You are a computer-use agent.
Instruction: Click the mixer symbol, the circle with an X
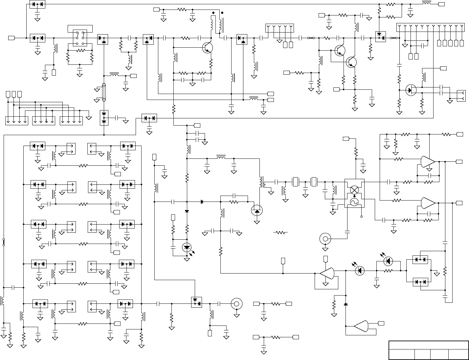tap(354, 190)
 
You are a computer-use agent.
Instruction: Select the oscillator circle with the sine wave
tap(354, 202)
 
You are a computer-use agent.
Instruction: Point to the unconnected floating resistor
tap(280, 232)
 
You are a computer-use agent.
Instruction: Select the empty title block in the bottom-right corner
tap(428, 350)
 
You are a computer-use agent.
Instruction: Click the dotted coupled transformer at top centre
tap(217, 24)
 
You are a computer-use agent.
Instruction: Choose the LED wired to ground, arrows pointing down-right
tap(187, 247)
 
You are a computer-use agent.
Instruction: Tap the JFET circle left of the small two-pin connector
tap(411, 90)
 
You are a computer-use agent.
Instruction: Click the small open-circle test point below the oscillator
tap(362, 217)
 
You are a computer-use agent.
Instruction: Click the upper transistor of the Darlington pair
tap(339, 50)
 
